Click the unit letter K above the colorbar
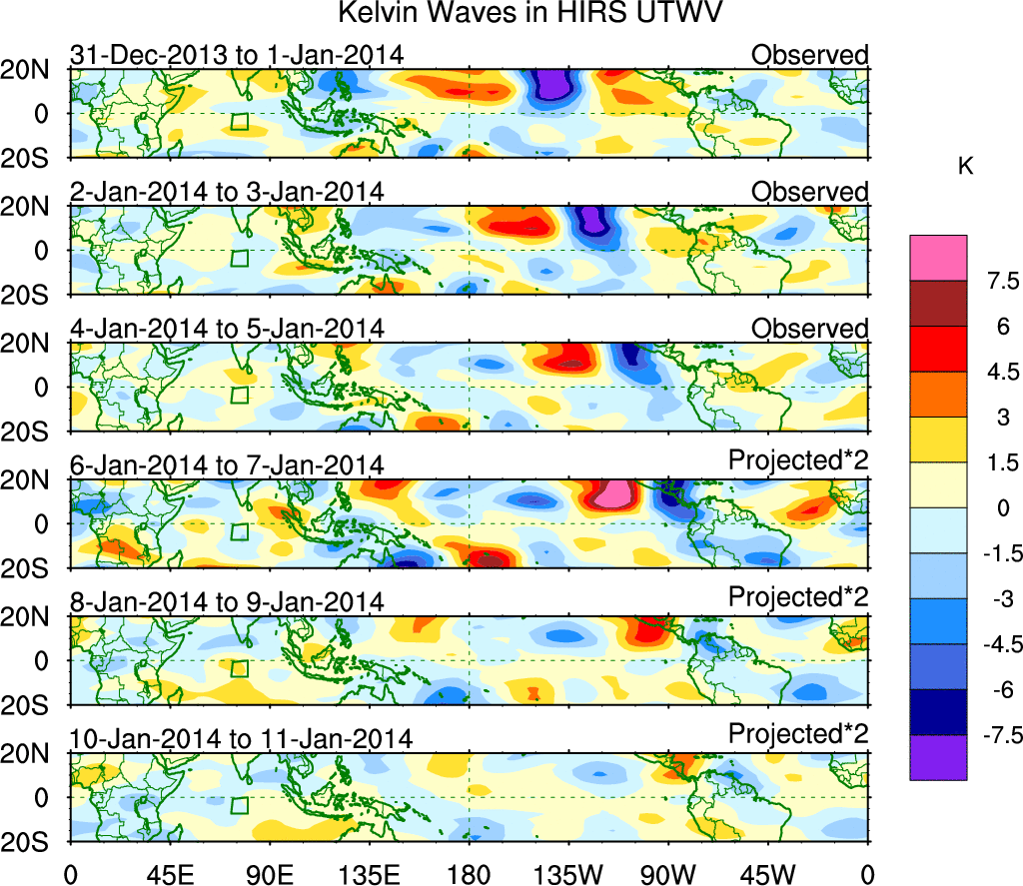[x=966, y=168]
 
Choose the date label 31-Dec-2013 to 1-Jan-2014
[x=237, y=55]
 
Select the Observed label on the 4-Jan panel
[x=810, y=329]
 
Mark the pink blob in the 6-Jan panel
[x=613, y=493]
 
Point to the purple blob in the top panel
[x=550, y=84]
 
